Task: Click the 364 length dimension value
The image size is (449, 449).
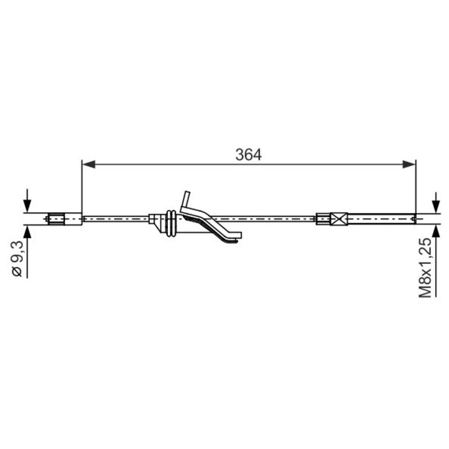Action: (x=248, y=155)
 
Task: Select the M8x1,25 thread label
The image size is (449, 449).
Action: (x=425, y=268)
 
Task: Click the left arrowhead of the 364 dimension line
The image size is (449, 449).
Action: (x=89, y=165)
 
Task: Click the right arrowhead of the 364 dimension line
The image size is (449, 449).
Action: (x=409, y=165)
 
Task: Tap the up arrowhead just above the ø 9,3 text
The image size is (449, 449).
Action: (x=27, y=232)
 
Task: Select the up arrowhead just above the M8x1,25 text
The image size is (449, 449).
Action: (x=436, y=231)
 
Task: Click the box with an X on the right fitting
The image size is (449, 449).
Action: (x=339, y=219)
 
